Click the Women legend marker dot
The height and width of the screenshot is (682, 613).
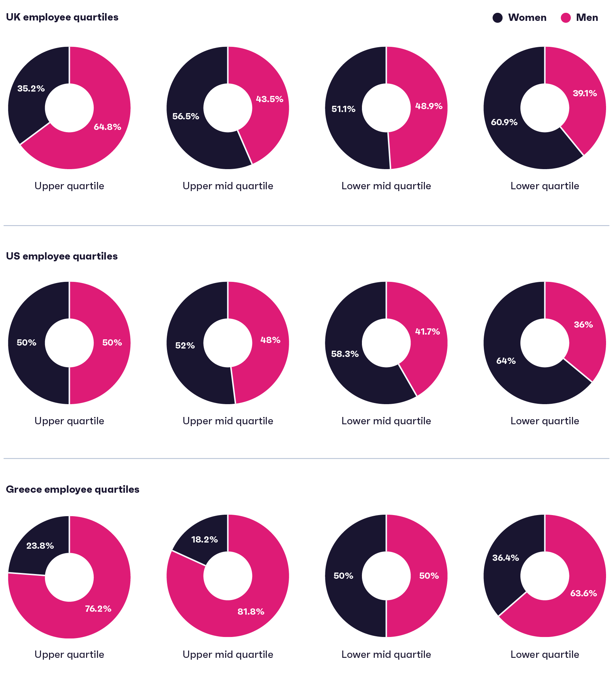497,18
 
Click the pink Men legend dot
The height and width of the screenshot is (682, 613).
565,18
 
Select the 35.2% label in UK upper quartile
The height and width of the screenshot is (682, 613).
31,89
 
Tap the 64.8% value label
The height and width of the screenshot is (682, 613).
107,127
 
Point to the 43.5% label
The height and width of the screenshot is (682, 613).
269,99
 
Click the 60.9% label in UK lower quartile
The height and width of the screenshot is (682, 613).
504,122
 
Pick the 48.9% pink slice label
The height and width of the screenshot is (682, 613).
429,106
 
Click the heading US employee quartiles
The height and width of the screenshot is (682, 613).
62,256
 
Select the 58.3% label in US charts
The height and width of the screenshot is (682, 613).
345,354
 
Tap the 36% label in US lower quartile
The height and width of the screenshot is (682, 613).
583,325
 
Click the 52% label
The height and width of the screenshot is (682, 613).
185,346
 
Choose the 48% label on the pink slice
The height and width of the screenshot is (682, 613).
270,340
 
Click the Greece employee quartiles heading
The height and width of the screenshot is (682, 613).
72,489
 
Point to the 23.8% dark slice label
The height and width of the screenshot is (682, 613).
40,546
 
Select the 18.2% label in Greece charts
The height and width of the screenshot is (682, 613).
204,540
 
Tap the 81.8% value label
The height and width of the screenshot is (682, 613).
251,612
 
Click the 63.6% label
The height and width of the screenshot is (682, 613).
583,593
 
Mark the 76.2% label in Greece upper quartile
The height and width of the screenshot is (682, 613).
98,609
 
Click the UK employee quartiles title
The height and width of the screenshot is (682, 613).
62,17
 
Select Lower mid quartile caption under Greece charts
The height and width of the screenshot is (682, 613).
386,655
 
